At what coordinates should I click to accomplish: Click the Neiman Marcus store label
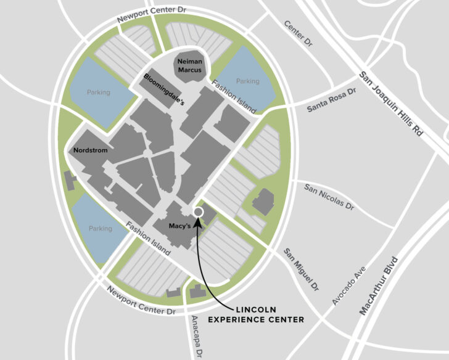coord(189,66)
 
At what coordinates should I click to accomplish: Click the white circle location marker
coord(198,212)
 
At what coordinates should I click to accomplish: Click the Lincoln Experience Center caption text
coord(256,314)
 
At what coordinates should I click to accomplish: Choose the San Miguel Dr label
coord(301,269)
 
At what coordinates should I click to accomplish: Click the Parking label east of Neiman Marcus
coord(248,81)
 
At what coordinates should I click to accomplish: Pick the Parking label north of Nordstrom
coord(98,92)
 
